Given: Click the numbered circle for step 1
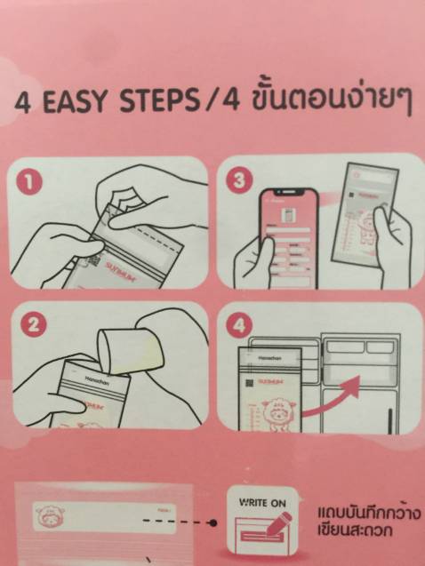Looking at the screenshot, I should tap(29, 182).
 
